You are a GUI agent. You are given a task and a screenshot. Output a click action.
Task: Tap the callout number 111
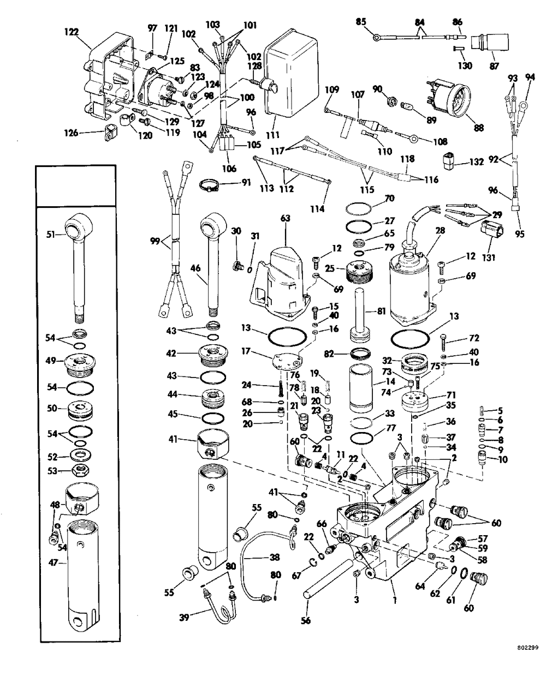pyautogui.click(x=271, y=135)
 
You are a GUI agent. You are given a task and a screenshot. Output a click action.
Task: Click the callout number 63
pyautogui.click(x=286, y=219)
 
